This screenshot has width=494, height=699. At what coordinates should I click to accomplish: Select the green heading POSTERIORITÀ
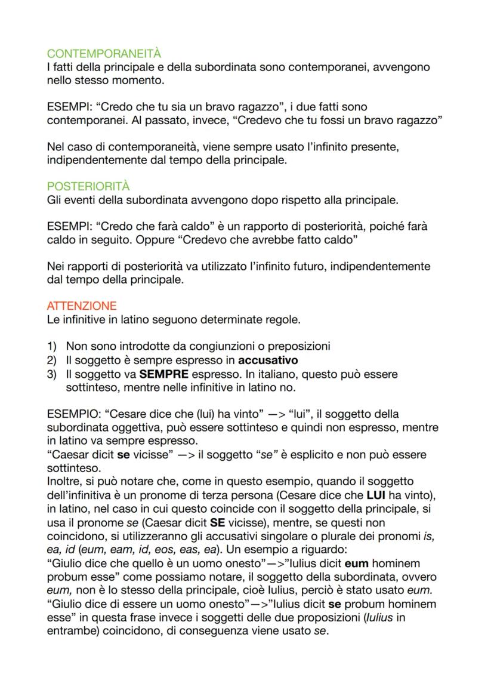click(x=88, y=187)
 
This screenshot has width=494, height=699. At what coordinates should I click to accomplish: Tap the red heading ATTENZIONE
click(x=81, y=306)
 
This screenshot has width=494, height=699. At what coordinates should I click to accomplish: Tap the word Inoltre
click(x=64, y=482)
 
